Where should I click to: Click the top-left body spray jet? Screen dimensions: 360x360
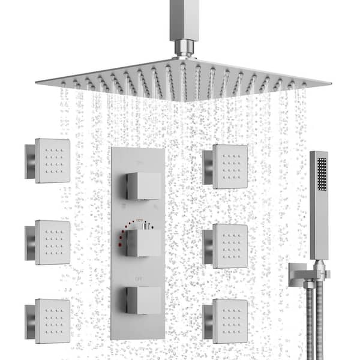[52, 160]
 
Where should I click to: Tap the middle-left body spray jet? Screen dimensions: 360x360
[52, 242]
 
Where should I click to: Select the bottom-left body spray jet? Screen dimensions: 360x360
[52, 320]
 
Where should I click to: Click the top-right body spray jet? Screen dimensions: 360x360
[230, 166]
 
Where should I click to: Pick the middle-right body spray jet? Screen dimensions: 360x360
[230, 245]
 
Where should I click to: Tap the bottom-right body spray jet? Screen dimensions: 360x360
[230, 321]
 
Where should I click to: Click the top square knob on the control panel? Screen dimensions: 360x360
[143, 186]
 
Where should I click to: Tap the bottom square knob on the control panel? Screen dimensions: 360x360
[143, 300]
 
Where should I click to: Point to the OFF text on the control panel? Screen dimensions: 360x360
[138, 278]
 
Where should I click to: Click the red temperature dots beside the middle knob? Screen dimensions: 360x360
[124, 234]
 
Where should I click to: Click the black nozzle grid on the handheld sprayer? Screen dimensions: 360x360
[322, 173]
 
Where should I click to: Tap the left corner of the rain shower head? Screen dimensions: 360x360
[40, 80]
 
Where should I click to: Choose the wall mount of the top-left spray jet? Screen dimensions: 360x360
[29, 161]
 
